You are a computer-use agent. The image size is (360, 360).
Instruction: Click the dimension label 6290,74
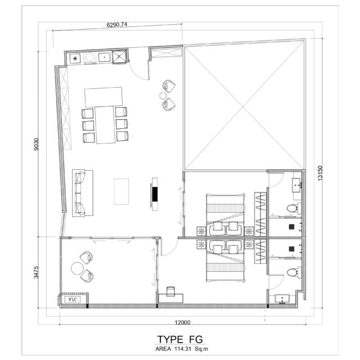click(x=116, y=25)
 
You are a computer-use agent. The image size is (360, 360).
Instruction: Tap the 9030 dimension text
click(x=36, y=144)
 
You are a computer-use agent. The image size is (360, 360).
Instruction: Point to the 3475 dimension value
click(x=36, y=272)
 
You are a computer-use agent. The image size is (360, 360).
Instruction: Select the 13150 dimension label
click(x=320, y=173)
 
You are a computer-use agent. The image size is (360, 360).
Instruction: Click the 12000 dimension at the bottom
click(x=182, y=322)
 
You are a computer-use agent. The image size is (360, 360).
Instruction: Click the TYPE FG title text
click(x=180, y=339)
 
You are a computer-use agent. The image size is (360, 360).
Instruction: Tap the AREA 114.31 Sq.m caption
click(x=182, y=349)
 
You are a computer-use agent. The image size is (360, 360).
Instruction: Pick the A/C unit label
click(x=73, y=300)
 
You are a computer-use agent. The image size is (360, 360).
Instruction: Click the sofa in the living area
click(x=83, y=193)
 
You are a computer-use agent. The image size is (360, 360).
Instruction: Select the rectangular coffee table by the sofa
click(x=121, y=191)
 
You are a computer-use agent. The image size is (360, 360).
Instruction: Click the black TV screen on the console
click(x=155, y=194)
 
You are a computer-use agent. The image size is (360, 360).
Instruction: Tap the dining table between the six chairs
click(x=105, y=125)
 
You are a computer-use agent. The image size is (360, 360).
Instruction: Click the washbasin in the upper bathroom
click(x=296, y=185)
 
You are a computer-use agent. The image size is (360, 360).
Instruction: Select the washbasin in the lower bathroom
click(x=282, y=299)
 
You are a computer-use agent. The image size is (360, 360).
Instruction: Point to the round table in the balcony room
click(x=77, y=268)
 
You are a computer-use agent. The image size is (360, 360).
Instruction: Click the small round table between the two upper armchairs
click(x=163, y=96)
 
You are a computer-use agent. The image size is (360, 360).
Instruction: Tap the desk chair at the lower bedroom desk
click(x=170, y=291)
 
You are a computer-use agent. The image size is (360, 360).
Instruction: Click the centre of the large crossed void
click(x=244, y=107)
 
